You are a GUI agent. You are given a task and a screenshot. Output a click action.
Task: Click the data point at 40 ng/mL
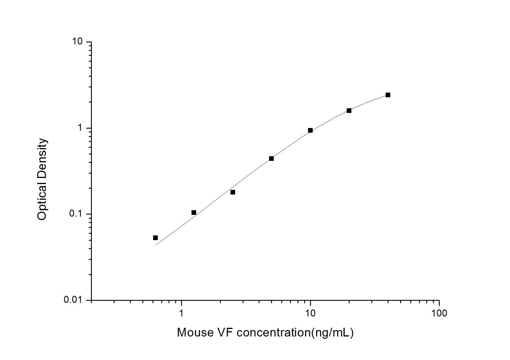388,95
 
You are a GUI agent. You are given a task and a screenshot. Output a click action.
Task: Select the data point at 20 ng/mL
349,111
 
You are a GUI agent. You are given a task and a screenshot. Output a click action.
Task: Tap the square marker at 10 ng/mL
310,130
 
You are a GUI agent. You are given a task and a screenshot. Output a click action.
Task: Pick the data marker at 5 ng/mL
271,159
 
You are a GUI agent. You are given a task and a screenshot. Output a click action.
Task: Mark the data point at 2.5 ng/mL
233,192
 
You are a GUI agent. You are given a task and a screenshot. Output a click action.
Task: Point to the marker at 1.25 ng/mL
194,213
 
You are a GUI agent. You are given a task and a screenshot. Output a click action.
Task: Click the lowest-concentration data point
155,238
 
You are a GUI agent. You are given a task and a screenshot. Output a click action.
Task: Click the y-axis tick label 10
78,42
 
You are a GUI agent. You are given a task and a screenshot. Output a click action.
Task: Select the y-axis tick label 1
80,128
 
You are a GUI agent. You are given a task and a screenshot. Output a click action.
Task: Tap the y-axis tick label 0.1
76,214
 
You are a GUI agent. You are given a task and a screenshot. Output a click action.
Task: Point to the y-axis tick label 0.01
73,300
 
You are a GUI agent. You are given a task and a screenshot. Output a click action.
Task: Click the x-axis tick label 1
181,313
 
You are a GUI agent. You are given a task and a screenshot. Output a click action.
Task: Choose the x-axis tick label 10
310,313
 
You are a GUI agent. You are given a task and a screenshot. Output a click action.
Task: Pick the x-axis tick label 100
439,313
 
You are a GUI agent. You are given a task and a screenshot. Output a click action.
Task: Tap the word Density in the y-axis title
42,157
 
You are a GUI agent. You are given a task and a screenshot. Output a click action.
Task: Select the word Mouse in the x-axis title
195,332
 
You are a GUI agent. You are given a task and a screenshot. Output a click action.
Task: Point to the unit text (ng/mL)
332,333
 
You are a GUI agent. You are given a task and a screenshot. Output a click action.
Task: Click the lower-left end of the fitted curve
156,245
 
